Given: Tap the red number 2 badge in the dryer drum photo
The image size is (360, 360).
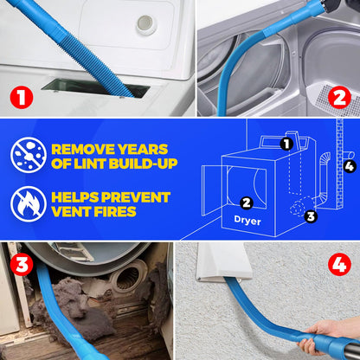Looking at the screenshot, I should pyautogui.click(x=337, y=97).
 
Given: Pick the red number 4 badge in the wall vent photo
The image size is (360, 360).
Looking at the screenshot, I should pyautogui.click(x=337, y=262).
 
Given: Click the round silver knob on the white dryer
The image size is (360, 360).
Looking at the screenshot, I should pyautogui.click(x=146, y=24).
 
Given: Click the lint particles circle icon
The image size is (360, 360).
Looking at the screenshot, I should pyautogui.click(x=29, y=155).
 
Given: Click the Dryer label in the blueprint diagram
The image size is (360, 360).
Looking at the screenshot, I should pyautogui.click(x=246, y=221).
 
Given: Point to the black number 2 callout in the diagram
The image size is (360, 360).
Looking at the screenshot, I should pyautogui.click(x=246, y=202).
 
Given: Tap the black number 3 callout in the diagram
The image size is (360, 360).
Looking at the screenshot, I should pyautogui.click(x=311, y=216).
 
